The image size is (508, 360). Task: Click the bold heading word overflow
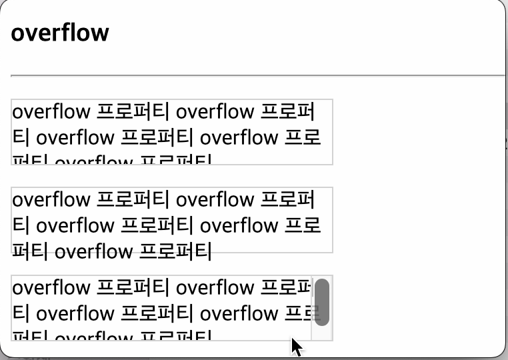[x=60, y=32]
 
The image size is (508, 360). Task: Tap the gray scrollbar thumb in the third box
[x=322, y=302]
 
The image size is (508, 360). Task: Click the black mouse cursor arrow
[x=296, y=347]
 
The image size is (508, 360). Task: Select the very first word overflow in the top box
[x=51, y=111]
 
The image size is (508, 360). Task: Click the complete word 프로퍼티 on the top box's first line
[x=133, y=111]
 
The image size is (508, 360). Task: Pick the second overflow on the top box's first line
[x=215, y=111]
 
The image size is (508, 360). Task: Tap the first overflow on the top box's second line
[x=75, y=138]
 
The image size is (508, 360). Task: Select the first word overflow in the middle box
[x=51, y=199]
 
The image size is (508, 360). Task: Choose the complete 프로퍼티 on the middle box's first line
[x=133, y=199]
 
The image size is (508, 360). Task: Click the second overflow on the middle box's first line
[x=215, y=199]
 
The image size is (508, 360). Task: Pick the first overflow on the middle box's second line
[x=75, y=226]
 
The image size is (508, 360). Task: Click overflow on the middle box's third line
[x=93, y=252]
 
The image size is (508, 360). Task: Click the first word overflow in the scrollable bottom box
[x=51, y=287]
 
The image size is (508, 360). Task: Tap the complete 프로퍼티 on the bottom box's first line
[x=133, y=287]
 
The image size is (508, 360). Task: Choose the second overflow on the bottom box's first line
[x=215, y=287]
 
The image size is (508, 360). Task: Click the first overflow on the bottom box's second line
[x=75, y=313]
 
